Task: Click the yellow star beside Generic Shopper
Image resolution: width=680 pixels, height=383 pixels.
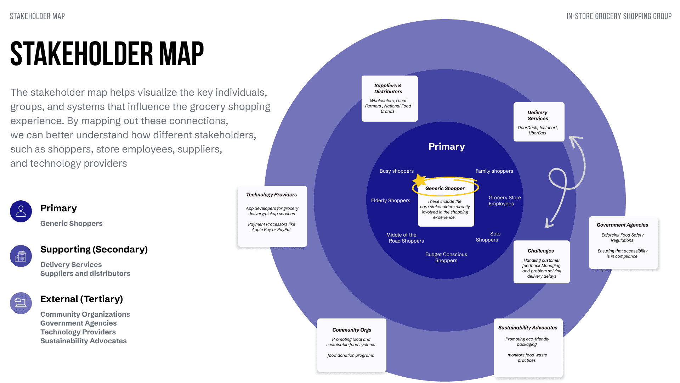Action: (419, 181)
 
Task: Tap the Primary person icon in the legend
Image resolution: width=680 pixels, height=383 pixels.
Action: (21, 211)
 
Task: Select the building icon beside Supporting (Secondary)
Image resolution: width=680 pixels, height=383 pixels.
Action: (21, 256)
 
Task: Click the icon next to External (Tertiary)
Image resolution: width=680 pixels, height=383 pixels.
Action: (21, 303)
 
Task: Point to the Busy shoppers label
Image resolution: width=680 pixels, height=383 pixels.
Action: (396, 171)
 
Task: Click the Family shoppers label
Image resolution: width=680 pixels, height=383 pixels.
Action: (494, 171)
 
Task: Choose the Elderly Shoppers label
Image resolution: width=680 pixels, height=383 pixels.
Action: (390, 200)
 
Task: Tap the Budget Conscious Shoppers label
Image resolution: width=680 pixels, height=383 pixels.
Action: (446, 257)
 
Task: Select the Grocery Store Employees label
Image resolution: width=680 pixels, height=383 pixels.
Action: (504, 200)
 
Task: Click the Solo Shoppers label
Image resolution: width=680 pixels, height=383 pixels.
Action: (488, 237)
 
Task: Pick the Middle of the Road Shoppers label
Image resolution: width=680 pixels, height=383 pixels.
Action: (405, 238)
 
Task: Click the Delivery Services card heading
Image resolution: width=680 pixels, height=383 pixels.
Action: (538, 115)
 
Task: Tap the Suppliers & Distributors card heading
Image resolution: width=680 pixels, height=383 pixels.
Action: (388, 88)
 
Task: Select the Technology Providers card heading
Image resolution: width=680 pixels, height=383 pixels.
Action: (271, 194)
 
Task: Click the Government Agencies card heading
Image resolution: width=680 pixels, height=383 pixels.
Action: (622, 225)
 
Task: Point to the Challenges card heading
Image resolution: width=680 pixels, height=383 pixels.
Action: (540, 251)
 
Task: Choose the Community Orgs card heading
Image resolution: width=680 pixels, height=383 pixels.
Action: (352, 330)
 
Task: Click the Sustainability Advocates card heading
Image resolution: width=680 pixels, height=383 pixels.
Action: (528, 328)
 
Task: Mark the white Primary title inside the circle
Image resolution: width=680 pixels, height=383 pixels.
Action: (446, 146)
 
